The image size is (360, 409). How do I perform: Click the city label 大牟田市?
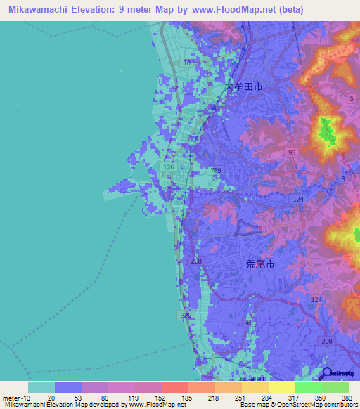tap(244, 87)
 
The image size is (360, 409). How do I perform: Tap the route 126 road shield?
tap(169, 168)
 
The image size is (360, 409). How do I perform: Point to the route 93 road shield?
tap(291, 152)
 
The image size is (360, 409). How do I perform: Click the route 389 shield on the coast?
tap(186, 316)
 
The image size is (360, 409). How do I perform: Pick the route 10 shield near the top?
tap(186, 63)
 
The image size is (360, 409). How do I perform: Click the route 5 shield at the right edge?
tap(351, 99)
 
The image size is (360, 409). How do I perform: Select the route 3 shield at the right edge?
tap(342, 180)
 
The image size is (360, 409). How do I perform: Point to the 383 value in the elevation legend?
tap(347, 398)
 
